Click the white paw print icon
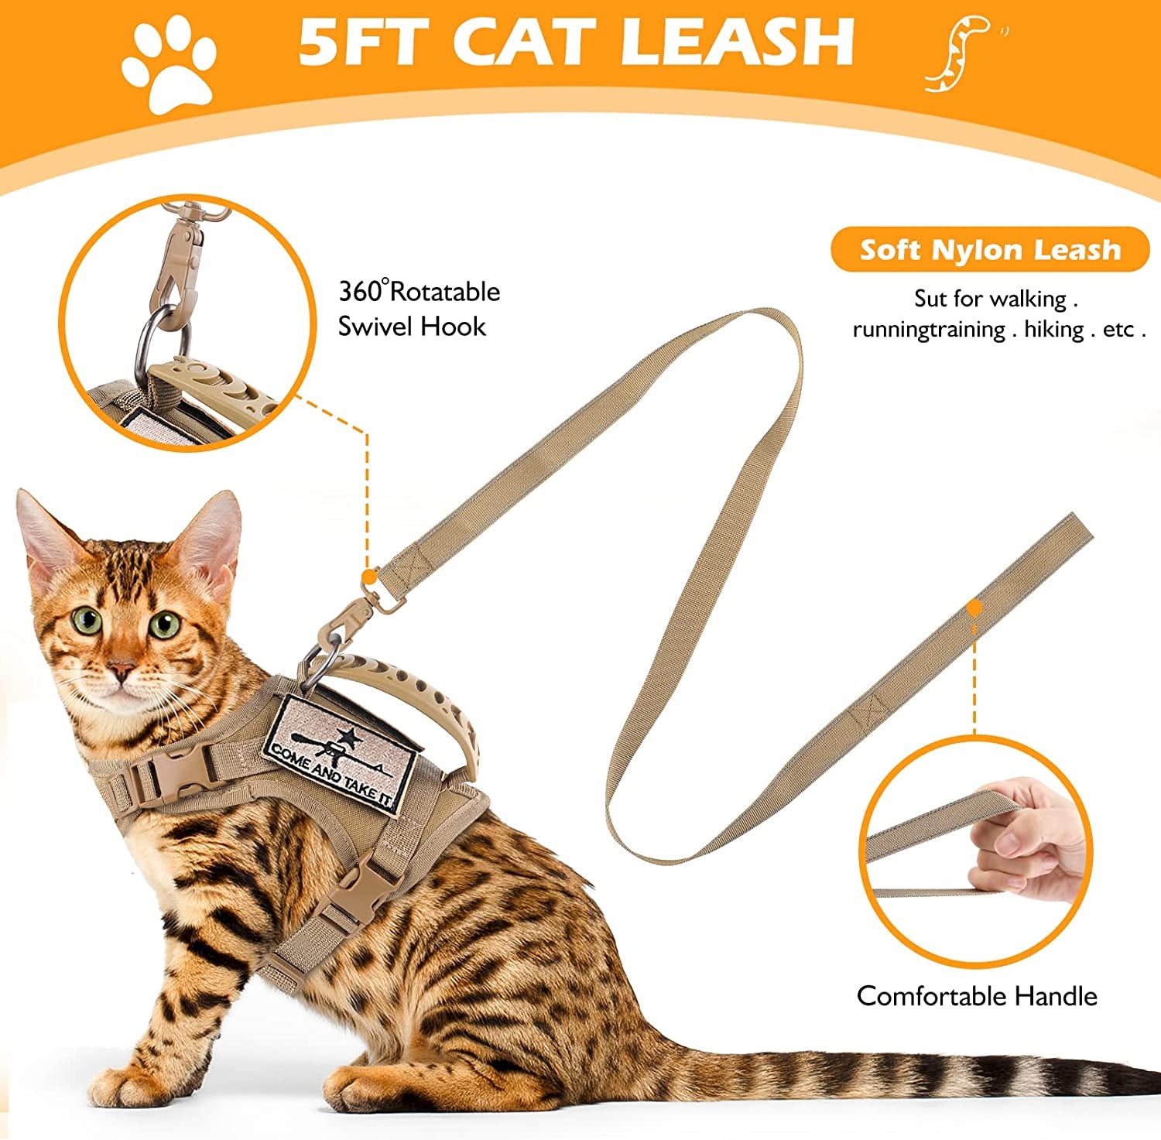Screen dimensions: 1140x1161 (x=169, y=64)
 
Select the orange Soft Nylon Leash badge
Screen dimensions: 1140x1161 (x=990, y=250)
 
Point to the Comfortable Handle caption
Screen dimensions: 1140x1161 (x=977, y=995)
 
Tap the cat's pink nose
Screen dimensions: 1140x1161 (x=122, y=669)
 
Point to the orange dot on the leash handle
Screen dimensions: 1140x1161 (x=974, y=608)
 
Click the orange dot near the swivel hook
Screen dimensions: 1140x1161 (x=370, y=577)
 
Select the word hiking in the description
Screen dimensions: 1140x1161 (x=1053, y=330)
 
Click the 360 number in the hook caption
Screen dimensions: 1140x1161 (x=360, y=292)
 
